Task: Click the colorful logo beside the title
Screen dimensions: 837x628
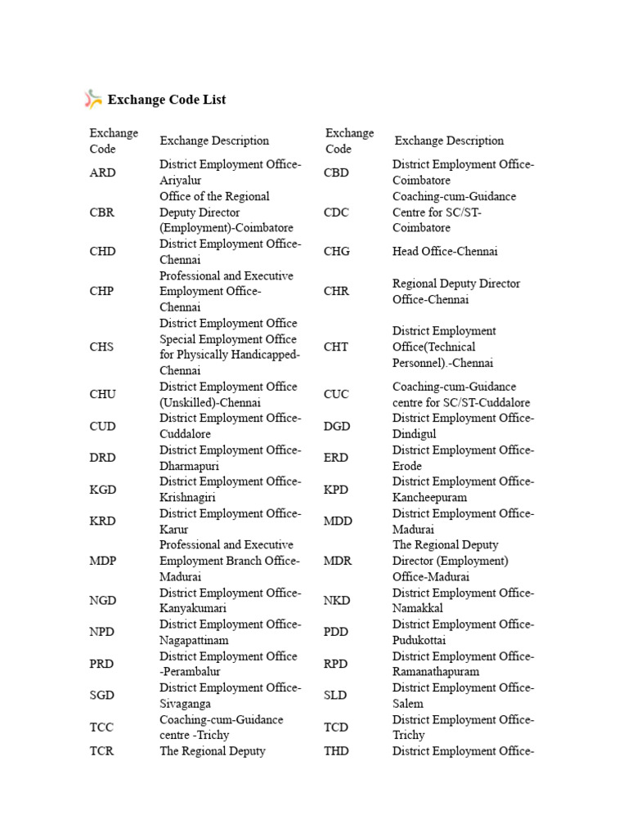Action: click(93, 100)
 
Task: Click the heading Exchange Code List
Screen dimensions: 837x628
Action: click(167, 100)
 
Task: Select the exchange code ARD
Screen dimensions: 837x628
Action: click(102, 172)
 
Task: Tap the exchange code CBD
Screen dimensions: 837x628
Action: click(337, 172)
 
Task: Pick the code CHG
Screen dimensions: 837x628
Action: click(337, 252)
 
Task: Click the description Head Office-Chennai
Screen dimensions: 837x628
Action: click(445, 252)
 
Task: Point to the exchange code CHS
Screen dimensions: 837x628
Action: click(102, 347)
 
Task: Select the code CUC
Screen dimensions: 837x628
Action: click(337, 394)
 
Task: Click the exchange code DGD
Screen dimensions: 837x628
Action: click(337, 426)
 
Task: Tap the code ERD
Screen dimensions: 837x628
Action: click(336, 458)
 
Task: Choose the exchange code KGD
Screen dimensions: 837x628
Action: click(103, 490)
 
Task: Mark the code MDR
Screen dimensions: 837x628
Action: click(338, 561)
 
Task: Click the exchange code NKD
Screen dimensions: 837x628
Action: click(337, 601)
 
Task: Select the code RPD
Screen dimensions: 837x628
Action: click(336, 664)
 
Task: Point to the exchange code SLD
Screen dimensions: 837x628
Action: click(335, 696)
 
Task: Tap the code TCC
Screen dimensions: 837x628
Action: click(102, 727)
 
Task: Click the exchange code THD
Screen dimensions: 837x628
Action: click(337, 751)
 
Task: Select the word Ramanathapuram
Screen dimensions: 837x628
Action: click(436, 672)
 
